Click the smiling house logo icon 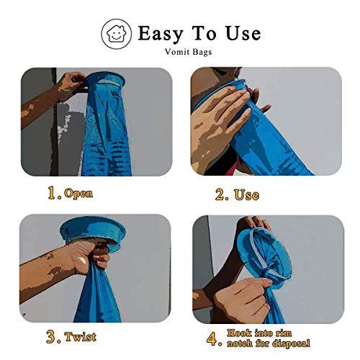pyautogui.click(x=117, y=34)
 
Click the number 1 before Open pyautogui.click(x=52, y=193)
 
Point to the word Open pyautogui.click(x=78, y=194)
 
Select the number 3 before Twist pyautogui.click(x=52, y=336)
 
